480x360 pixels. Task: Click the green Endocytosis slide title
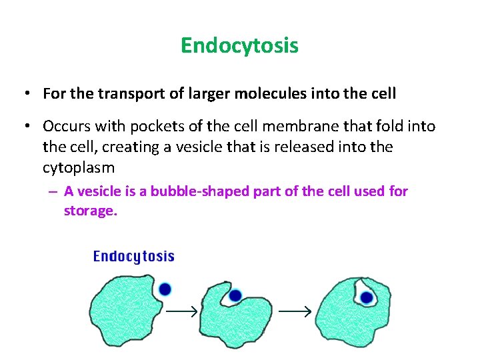[239, 45]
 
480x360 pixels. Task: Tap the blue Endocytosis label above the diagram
[133, 256]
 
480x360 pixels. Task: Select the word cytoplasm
[78, 166]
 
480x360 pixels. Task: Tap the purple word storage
[90, 211]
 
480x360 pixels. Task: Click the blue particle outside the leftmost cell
[165, 289]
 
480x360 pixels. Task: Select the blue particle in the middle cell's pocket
[235, 295]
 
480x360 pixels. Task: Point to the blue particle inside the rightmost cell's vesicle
[366, 297]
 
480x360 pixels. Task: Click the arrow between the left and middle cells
[183, 311]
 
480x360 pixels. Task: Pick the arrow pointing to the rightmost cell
[295, 311]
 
